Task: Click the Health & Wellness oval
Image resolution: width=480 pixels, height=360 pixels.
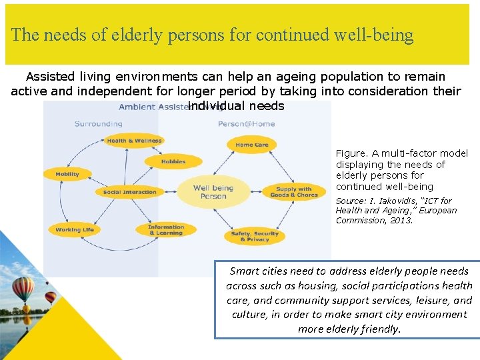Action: click(x=134, y=141)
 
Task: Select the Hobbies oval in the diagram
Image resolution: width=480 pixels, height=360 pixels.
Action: click(x=173, y=161)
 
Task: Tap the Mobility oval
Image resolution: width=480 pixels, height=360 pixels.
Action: click(x=67, y=174)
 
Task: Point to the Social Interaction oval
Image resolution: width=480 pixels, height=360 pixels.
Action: click(x=130, y=192)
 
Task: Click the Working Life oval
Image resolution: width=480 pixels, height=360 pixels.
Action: click(x=75, y=230)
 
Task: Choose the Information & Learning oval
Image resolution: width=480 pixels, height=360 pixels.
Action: click(x=166, y=230)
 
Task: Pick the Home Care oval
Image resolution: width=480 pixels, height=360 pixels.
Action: click(x=252, y=145)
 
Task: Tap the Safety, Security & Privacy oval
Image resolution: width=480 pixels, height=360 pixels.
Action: click(x=255, y=236)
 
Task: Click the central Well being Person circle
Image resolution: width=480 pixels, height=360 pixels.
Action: click(x=213, y=192)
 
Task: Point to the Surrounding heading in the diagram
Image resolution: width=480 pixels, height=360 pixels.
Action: click(x=98, y=123)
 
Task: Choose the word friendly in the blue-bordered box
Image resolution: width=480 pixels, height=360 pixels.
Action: click(x=379, y=329)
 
